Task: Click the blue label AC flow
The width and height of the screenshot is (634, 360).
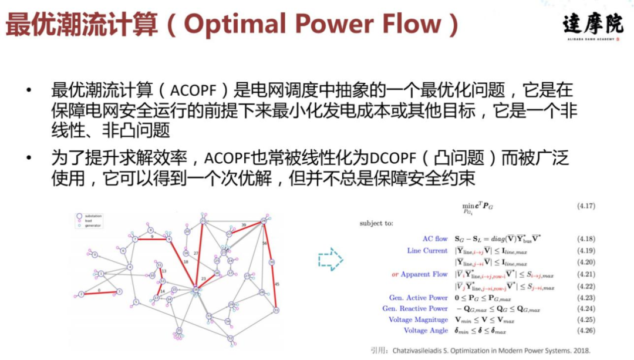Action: point(435,239)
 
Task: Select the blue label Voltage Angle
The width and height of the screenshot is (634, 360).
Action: point(426,331)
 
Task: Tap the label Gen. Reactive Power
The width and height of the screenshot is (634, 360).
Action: point(415,308)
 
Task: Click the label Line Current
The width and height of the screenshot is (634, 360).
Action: point(427,251)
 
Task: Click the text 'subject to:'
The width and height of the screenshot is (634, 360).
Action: point(376,223)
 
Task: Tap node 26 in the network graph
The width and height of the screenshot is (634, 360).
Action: point(231,304)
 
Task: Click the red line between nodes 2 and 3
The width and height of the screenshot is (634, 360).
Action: point(100,292)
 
